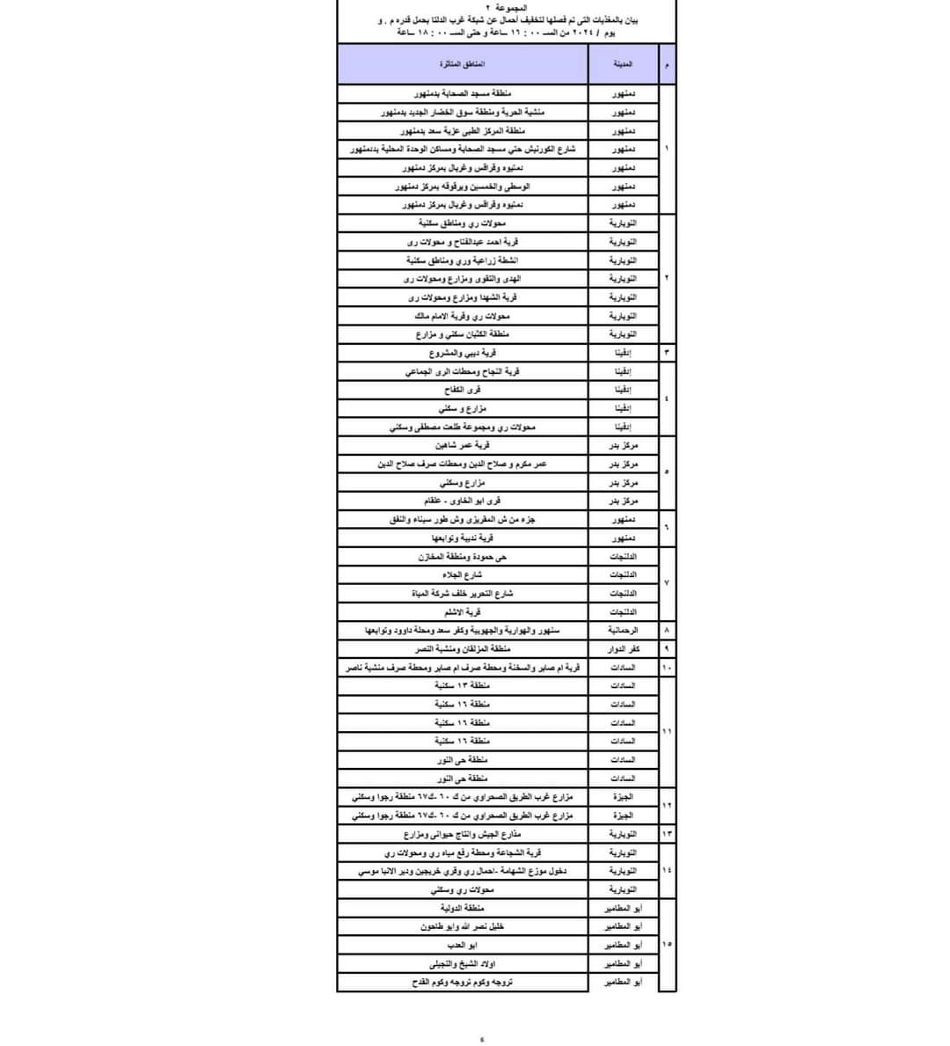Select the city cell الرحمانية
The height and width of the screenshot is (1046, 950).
coord(623,630)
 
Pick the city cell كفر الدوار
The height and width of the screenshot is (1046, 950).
coord(623,648)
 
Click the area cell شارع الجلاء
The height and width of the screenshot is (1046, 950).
coord(463,574)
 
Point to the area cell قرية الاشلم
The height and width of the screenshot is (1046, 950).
coord(463,611)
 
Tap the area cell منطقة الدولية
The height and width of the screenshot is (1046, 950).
coord(463,908)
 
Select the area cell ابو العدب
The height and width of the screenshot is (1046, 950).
coord(463,945)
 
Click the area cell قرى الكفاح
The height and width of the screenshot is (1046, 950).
coord(463,389)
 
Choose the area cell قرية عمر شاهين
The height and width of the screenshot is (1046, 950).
coord(463,445)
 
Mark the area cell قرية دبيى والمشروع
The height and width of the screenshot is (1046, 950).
coord(463,353)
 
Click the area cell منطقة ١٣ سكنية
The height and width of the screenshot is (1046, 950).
coord(463,685)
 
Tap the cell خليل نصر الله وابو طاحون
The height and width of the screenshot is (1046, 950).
coord(463,926)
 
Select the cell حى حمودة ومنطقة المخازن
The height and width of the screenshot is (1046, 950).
coord(463,556)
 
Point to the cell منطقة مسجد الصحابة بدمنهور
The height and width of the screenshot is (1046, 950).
coord(463,93)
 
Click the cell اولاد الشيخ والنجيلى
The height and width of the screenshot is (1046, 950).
coord(463,963)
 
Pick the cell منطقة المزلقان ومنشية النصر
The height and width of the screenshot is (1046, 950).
coord(463,648)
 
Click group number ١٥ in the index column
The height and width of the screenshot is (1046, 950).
coord(667,945)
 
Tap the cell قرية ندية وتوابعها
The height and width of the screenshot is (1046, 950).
coord(463,538)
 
